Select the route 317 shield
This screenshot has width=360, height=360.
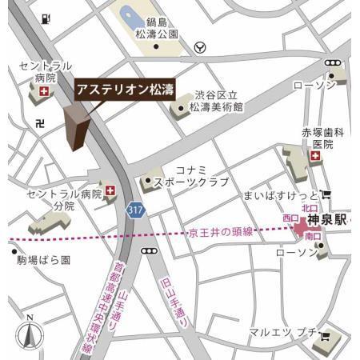[x=136, y=208]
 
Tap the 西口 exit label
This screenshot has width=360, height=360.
[x=290, y=218]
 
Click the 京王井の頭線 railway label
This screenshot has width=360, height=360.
[x=221, y=232]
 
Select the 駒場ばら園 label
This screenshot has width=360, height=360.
[x=43, y=260]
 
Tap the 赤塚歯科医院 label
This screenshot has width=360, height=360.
[x=322, y=138]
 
